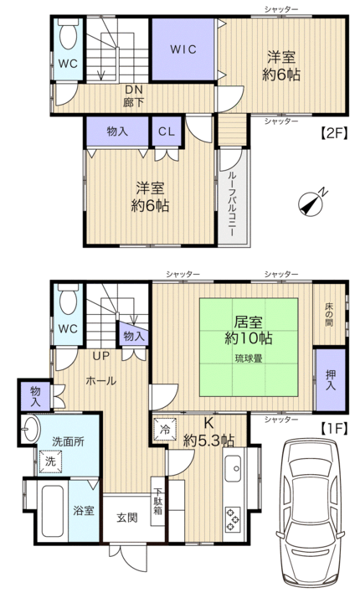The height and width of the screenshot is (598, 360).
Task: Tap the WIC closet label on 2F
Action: click(x=183, y=49)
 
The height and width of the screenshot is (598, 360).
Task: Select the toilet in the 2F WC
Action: click(x=69, y=34)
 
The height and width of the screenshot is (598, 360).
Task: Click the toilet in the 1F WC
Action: click(x=69, y=299)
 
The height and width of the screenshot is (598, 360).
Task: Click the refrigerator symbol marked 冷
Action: click(x=165, y=429)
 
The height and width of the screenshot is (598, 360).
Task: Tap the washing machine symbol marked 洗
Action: click(x=50, y=461)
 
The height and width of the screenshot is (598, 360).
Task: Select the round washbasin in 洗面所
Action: click(x=30, y=429)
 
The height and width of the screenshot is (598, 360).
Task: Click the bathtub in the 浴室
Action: click(x=52, y=511)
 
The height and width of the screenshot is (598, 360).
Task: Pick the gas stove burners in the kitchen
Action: click(x=233, y=518)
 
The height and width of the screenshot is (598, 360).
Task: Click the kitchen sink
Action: click(x=233, y=468)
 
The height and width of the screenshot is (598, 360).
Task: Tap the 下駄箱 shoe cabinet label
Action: click(x=158, y=501)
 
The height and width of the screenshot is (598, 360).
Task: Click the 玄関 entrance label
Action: click(x=127, y=518)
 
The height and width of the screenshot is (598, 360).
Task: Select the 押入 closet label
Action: click(x=331, y=380)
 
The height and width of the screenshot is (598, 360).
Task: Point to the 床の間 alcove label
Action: click(x=329, y=314)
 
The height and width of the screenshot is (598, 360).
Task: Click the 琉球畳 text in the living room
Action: click(x=249, y=358)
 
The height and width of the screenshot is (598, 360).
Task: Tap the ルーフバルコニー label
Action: click(x=232, y=204)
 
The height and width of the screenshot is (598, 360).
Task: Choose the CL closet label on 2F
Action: click(x=167, y=132)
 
